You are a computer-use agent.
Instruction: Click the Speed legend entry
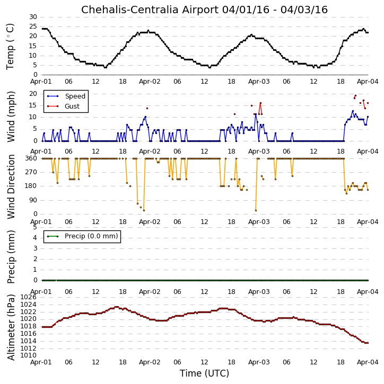[66, 96]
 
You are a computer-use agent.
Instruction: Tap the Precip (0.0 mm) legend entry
[82, 236]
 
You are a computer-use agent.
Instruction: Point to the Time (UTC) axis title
[204, 373]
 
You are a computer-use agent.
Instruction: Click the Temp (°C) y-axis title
[10, 47]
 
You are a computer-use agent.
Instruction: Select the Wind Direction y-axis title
[11, 186]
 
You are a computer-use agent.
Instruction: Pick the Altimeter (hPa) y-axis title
[11, 327]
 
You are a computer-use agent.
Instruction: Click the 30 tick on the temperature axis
[33, 17]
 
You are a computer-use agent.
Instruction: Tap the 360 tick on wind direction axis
[31, 158]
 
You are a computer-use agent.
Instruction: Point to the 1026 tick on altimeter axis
[29, 297]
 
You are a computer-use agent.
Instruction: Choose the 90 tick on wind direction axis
[33, 200]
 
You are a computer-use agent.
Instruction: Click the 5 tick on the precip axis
[35, 227]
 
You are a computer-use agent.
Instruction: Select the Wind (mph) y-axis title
[11, 117]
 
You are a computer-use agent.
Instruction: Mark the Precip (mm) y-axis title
[11, 257]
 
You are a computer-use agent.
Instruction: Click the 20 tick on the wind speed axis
[33, 94]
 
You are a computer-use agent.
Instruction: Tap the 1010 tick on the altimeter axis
[29, 355]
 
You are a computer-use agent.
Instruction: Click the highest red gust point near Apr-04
[355, 95]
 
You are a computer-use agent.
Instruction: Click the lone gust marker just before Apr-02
[147, 108]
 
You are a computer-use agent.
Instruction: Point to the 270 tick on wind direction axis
[31, 172]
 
